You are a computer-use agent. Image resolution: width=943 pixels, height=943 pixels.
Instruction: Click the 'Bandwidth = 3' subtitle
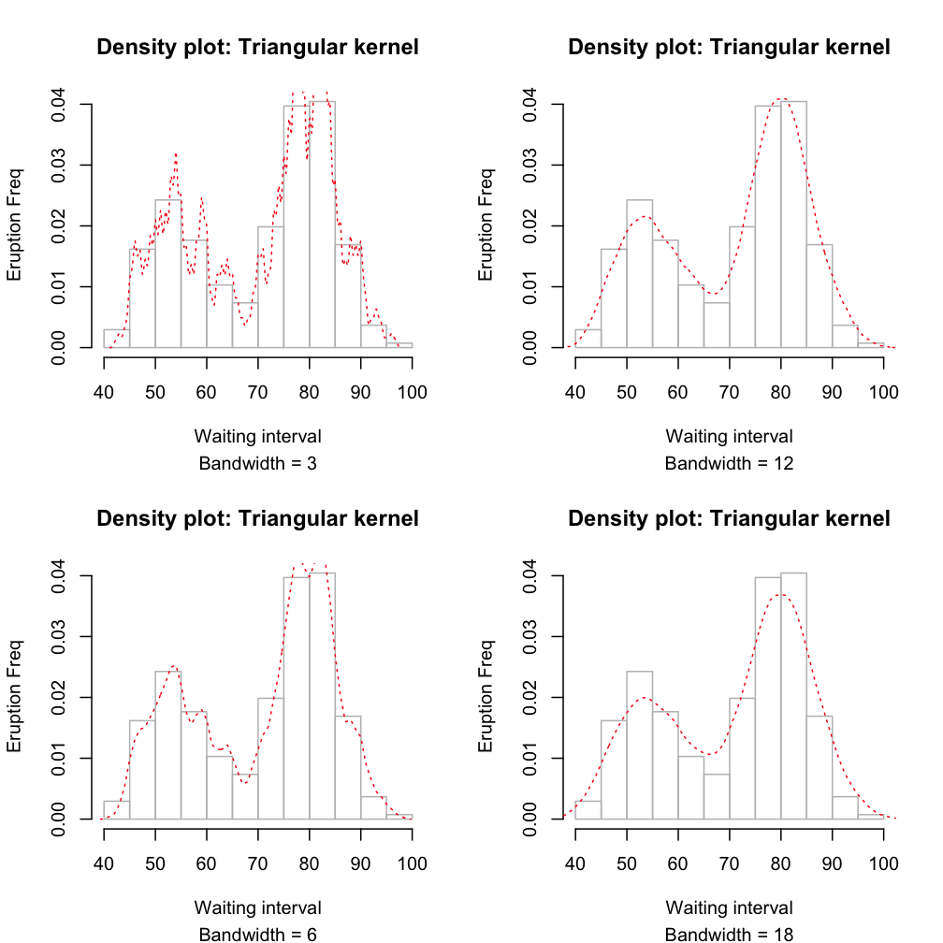coord(257,462)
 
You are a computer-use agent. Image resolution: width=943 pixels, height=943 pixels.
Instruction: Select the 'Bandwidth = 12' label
coord(729,462)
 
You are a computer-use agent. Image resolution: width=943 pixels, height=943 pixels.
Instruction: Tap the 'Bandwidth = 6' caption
coord(257,933)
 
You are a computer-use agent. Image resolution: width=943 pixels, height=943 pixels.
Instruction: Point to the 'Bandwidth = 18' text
coord(729,933)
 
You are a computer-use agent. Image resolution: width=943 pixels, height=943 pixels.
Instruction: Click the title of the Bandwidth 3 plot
coord(257,47)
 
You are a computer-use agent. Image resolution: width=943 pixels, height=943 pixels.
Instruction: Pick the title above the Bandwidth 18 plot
coord(729,518)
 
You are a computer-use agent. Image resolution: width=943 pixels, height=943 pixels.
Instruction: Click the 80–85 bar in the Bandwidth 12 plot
coord(793,225)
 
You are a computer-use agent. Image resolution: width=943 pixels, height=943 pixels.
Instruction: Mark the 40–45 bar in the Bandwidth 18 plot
coord(588,810)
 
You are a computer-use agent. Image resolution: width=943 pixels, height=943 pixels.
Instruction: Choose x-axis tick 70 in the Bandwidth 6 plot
coord(257,862)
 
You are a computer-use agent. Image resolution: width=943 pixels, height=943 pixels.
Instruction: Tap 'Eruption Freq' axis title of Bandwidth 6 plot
coord(15,696)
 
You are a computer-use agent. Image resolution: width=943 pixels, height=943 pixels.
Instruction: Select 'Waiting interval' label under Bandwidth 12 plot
coord(729,436)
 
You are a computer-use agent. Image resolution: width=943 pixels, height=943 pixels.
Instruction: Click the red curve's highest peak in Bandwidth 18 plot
coord(780,594)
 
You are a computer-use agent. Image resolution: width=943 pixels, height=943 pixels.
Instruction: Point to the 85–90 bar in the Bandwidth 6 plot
coord(348,767)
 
